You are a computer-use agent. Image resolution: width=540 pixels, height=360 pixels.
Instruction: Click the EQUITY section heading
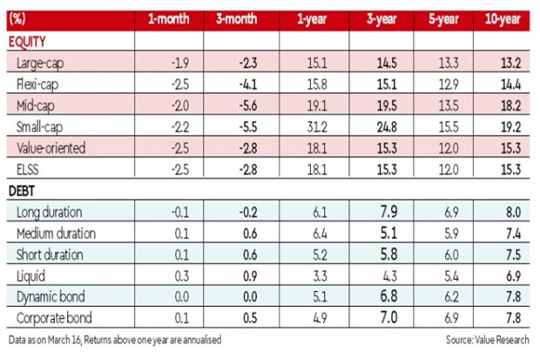27,41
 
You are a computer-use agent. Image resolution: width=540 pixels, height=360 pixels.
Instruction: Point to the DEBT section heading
24,190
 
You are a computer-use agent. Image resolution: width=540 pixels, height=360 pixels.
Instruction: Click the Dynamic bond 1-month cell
169,296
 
